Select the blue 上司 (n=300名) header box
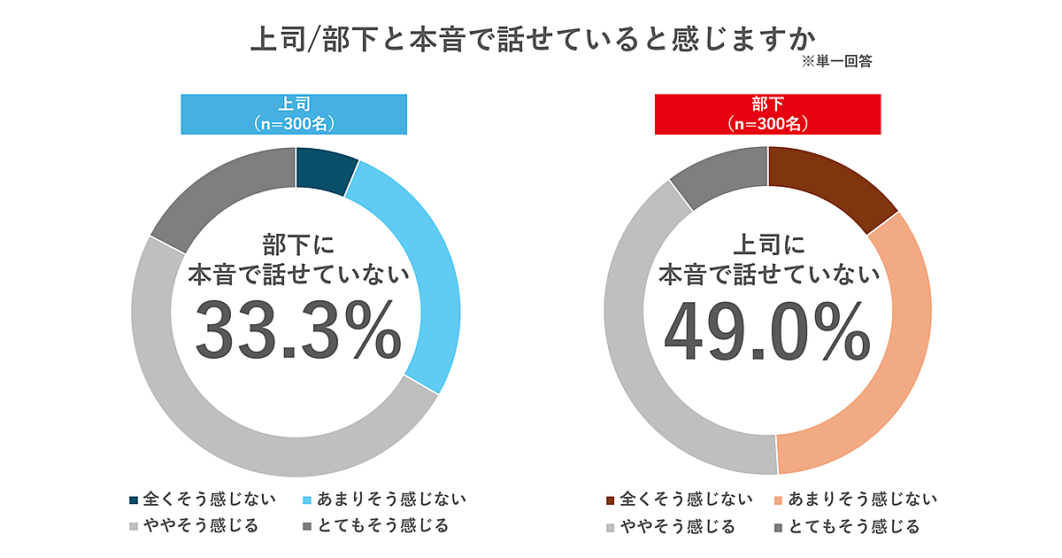point(294,114)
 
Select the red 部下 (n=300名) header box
point(767,114)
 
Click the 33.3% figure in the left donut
point(297,330)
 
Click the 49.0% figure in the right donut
point(767,330)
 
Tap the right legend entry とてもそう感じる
point(854,527)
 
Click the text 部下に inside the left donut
point(299,244)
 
